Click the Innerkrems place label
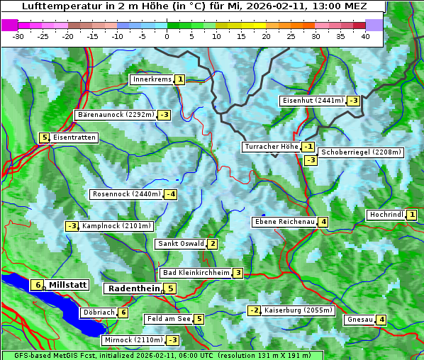coord(152,79)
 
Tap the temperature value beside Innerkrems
coord(180,80)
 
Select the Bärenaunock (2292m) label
coord(115,115)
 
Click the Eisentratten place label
coord(74,137)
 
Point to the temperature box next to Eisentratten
coord(44,137)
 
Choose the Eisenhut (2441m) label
coord(312,101)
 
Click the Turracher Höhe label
coord(271,147)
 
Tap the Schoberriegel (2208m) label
coord(361,152)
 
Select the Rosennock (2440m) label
coord(126,194)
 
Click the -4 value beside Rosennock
coord(170,194)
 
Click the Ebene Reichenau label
coord(284,222)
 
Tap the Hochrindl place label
coord(386,215)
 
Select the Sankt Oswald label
coord(180,244)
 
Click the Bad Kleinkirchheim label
coord(196,273)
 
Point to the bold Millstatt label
coord(67,285)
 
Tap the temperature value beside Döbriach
coord(123,313)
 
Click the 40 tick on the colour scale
coord(365,36)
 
